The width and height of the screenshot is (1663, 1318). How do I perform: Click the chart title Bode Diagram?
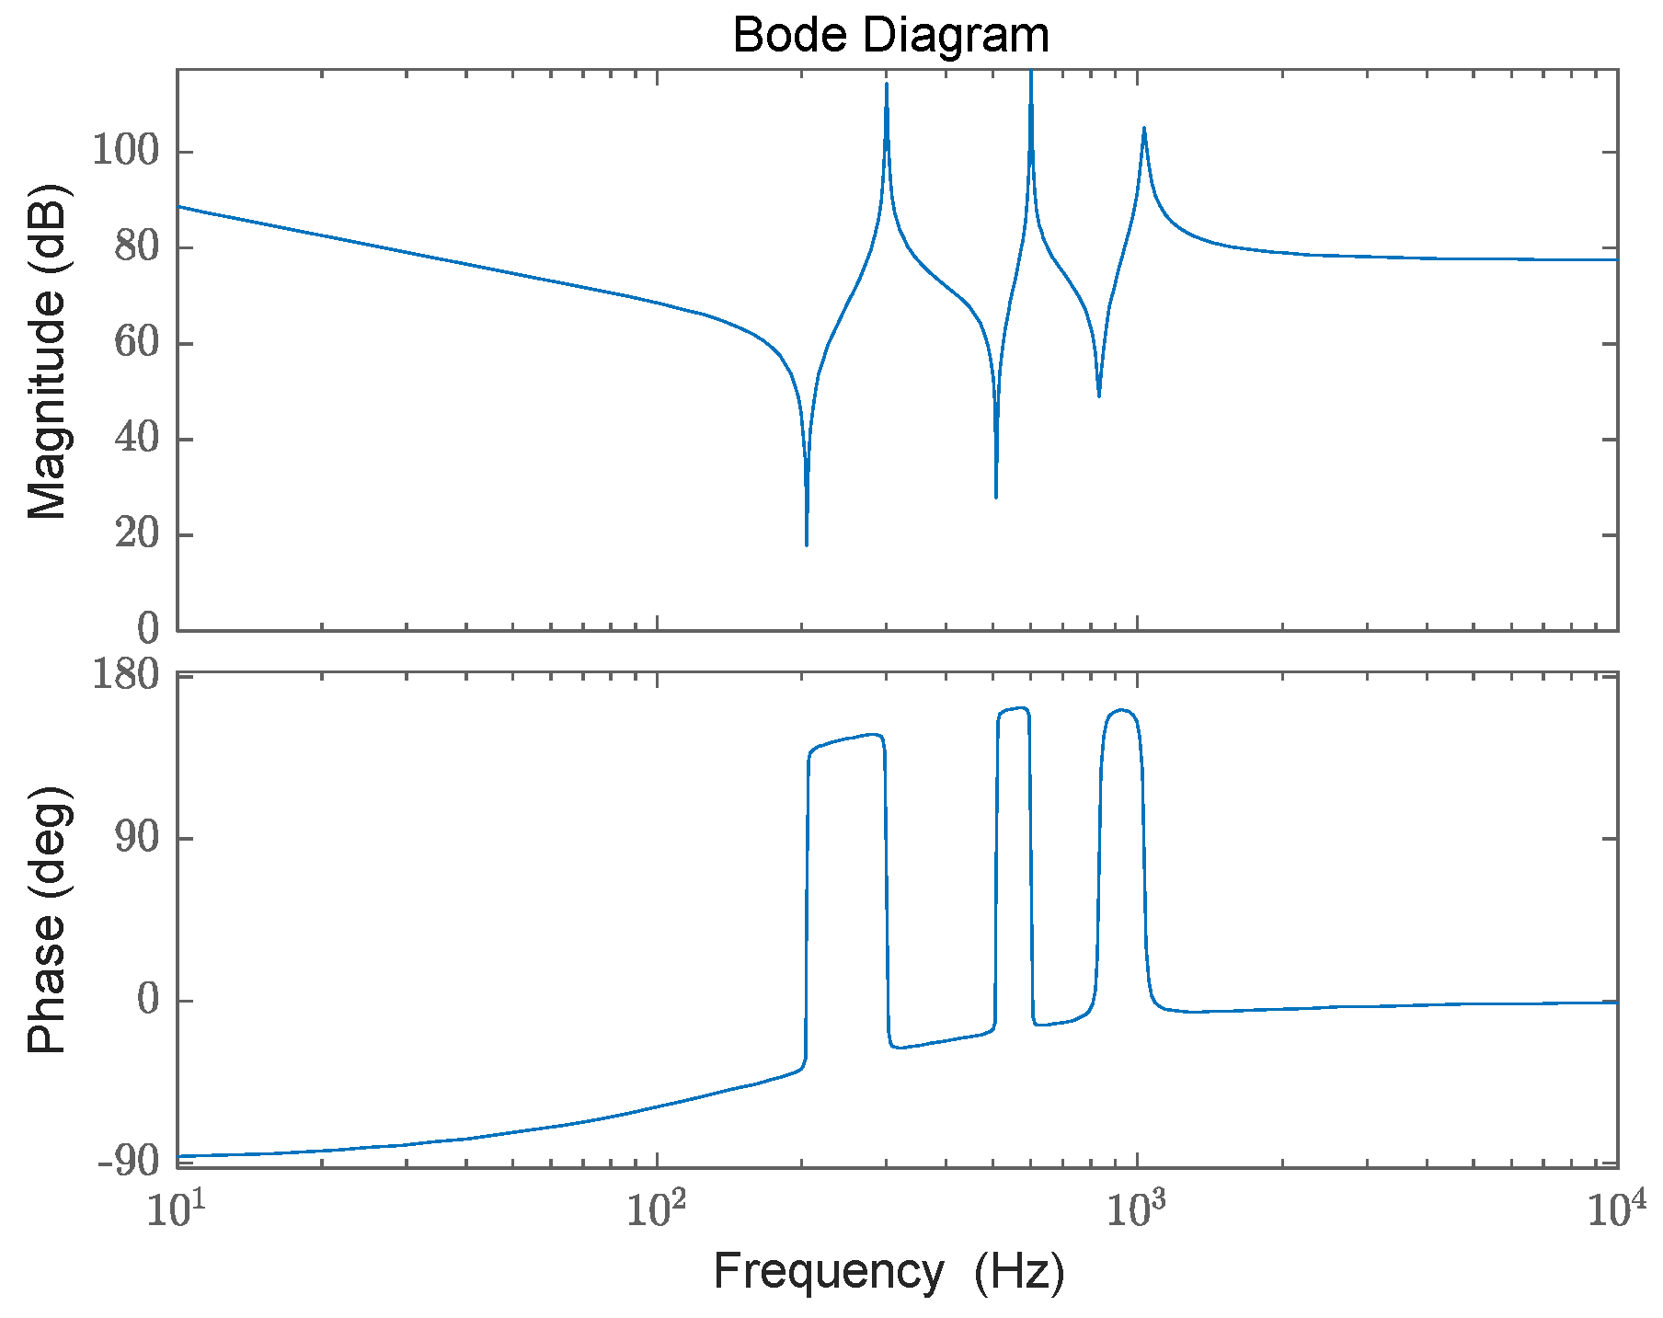[890, 36]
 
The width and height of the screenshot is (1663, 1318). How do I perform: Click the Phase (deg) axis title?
[46, 920]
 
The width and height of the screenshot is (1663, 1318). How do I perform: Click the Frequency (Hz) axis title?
[889, 1272]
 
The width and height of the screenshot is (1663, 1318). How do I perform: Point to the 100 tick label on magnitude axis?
[126, 152]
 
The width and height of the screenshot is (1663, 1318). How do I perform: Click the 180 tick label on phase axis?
[126, 677]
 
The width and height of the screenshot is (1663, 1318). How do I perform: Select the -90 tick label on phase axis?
[128, 1163]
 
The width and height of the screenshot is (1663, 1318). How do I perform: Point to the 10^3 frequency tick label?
[1137, 1211]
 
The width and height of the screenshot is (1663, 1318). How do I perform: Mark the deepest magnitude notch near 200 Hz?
[807, 544]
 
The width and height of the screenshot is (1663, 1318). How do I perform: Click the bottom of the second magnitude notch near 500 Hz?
[996, 498]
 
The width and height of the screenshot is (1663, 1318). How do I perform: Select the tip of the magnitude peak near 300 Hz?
[887, 85]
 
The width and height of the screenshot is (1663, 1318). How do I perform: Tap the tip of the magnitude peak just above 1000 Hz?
[1143, 129]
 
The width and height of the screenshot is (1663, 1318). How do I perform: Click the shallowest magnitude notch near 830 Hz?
[1099, 395]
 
